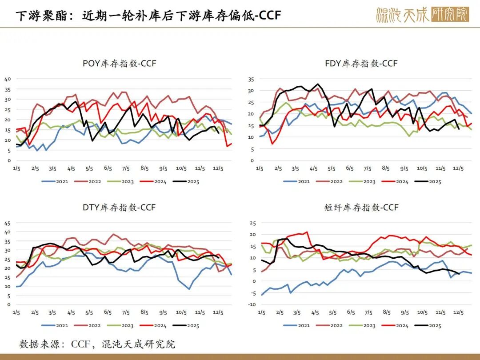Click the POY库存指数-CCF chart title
click(x=120, y=64)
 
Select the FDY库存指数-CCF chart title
click(x=361, y=64)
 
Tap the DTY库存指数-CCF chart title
click(x=119, y=208)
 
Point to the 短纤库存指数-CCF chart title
click(x=362, y=208)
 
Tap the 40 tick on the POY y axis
click(x=7, y=79)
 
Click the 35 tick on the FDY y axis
click(x=251, y=79)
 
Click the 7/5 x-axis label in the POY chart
click(x=126, y=169)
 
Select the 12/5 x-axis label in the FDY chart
click(x=458, y=169)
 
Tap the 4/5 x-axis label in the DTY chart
click(x=71, y=313)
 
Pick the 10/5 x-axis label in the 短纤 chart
click(x=422, y=313)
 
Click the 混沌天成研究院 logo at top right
click(x=422, y=15)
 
